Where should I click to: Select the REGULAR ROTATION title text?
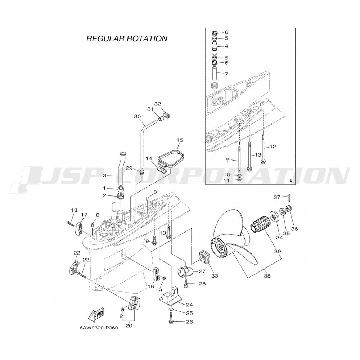127,39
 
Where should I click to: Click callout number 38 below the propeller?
267,276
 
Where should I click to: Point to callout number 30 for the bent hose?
137,117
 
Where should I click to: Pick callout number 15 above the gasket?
180,140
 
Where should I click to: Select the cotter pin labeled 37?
289,197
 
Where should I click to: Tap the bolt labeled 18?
70,223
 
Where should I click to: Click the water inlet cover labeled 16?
156,274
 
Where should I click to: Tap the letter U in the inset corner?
291,180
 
